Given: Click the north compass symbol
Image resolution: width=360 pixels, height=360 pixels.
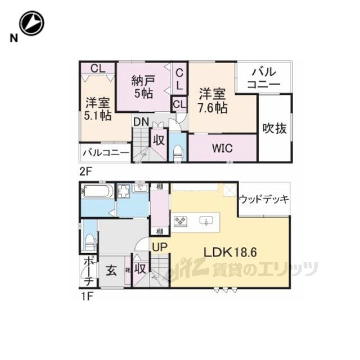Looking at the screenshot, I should tap(31, 23).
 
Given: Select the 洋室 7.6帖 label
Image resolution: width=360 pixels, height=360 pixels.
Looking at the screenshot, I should tap(213, 100).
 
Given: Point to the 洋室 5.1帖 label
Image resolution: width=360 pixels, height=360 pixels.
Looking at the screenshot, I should tap(98, 110).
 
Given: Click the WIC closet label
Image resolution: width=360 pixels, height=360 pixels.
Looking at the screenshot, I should tap(222, 149).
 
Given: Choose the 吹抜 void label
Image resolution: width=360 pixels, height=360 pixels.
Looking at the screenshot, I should tap(275, 128).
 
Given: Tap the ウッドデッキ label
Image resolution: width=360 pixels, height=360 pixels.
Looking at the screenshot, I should tap(264, 199).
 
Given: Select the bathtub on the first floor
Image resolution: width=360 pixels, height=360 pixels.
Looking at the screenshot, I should tap(98, 192).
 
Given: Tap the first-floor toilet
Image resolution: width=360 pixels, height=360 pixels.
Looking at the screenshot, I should tap(89, 242).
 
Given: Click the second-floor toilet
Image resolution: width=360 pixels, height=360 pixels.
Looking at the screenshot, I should tap(178, 152).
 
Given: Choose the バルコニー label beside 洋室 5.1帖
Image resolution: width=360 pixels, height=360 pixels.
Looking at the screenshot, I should tap(105, 152).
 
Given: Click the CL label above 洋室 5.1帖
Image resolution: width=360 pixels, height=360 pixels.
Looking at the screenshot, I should tap(97, 69).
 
